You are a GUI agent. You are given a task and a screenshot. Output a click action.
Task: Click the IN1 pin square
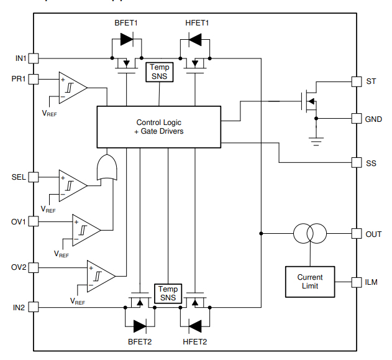(34, 58)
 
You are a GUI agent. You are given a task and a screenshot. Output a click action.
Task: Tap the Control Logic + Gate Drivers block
(158, 127)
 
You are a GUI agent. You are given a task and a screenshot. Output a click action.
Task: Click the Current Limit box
(309, 282)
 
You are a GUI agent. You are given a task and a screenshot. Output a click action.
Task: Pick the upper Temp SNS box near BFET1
(160, 72)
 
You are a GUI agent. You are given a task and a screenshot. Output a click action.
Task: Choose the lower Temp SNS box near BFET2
(167, 293)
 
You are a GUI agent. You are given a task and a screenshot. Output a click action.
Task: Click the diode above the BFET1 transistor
(127, 41)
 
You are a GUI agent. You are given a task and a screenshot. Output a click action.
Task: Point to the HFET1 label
(198, 23)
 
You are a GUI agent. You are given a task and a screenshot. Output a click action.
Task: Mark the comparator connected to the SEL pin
(71, 185)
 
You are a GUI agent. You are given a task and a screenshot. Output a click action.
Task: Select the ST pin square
(356, 81)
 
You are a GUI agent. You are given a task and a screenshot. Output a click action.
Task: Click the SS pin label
(371, 164)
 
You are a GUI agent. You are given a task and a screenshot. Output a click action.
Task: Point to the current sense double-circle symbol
(309, 234)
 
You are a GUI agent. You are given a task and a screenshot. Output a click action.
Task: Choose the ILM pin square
(356, 282)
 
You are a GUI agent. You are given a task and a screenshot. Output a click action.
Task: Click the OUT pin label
(374, 234)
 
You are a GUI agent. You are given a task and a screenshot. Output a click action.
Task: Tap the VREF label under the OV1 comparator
(62, 254)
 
